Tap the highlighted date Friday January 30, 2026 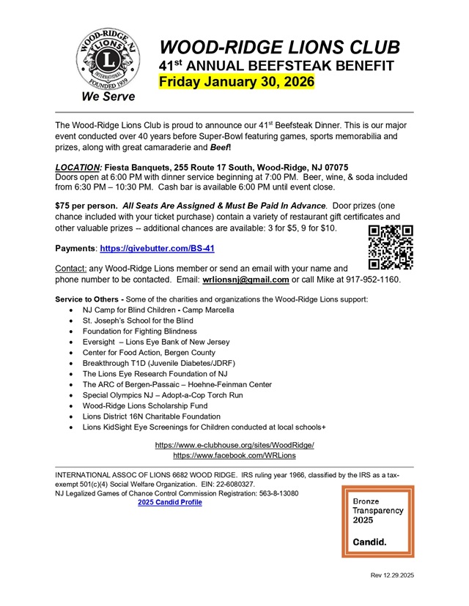point(237,81)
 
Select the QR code point(391,247)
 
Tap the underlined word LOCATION point(79,167)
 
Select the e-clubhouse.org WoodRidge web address point(234,445)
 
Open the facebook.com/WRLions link point(234,455)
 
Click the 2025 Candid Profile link point(170,503)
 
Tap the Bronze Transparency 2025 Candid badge point(377,521)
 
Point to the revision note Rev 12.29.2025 point(392,576)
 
